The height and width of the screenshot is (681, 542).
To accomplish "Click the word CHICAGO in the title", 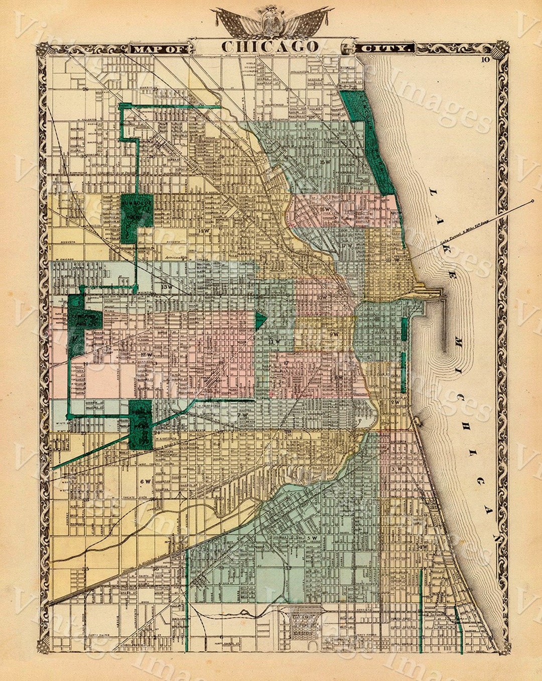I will click(x=270, y=46).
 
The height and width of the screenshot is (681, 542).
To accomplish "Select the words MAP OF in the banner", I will click(x=160, y=49).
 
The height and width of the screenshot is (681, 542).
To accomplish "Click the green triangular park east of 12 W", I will click(x=260, y=320).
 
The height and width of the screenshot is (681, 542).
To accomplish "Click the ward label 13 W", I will click(x=167, y=286).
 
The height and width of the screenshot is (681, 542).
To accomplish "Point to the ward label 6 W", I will click(x=146, y=482).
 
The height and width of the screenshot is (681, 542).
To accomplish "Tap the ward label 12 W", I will click(x=147, y=355).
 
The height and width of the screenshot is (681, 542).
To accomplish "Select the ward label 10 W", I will click(x=322, y=297).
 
